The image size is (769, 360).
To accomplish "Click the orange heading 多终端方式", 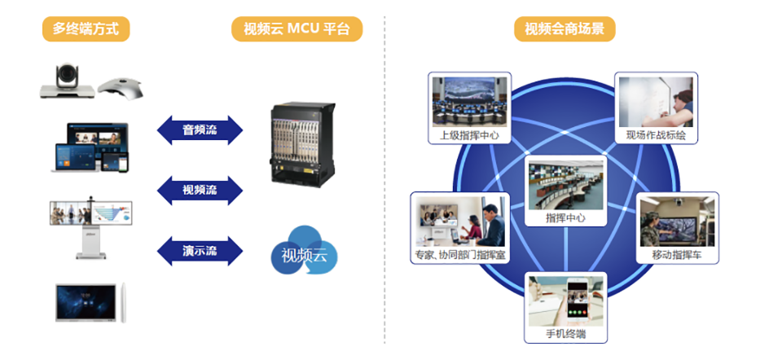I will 86,29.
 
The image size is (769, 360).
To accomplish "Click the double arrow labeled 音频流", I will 200,130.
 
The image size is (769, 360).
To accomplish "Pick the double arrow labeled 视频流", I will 200,191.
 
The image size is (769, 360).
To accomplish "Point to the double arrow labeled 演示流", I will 200,250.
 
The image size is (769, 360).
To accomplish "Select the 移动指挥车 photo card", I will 676,227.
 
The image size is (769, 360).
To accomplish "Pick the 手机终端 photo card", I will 565,306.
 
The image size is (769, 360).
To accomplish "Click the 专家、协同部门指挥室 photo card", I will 460,227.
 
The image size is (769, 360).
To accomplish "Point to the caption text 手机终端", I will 565,335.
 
